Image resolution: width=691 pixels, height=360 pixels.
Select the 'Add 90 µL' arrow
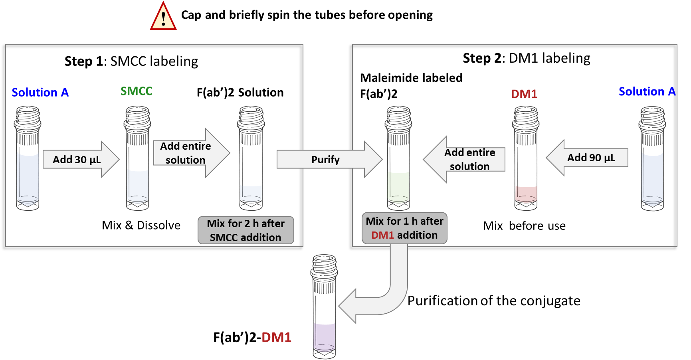click(x=587, y=158)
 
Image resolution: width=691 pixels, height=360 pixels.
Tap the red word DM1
click(x=382, y=235)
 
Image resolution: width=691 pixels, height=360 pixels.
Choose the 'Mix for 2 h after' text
click(x=246, y=224)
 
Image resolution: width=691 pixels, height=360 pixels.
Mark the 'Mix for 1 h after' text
click(x=404, y=221)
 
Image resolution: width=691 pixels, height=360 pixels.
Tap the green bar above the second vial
click(x=159, y=96)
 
